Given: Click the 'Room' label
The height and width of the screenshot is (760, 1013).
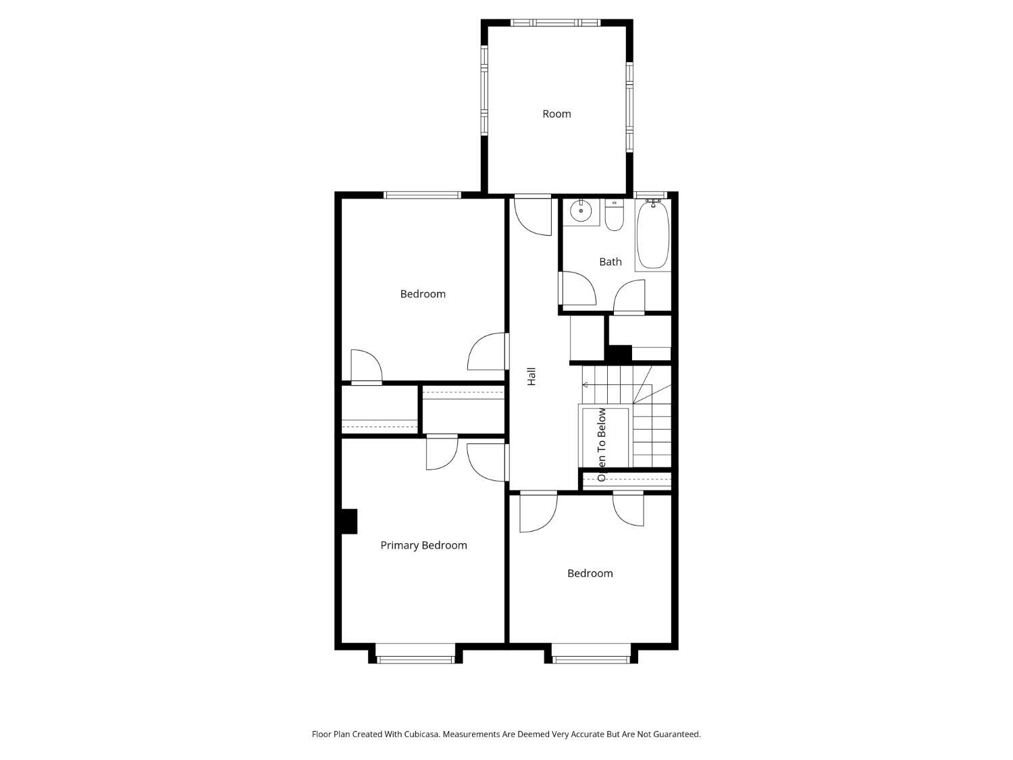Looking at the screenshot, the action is tap(556, 114).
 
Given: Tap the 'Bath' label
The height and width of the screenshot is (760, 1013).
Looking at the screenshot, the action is tap(610, 262).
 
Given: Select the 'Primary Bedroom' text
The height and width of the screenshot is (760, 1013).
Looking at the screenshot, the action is tap(423, 545).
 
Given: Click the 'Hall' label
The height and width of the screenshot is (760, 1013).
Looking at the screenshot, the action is tap(531, 376).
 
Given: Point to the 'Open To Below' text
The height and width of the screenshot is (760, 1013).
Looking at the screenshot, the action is tap(601, 445).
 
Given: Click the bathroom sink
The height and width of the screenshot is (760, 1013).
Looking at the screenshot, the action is tap(581, 212).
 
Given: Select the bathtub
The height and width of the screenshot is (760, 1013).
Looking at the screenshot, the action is tap(652, 235).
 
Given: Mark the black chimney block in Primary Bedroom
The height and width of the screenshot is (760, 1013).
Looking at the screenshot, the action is tap(349, 522).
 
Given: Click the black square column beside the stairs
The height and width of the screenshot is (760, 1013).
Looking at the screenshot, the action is tap(618, 353).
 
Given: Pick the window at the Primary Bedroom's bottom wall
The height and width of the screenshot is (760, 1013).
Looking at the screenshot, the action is tap(415, 659).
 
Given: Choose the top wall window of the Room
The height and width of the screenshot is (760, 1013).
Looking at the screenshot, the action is tap(555, 22).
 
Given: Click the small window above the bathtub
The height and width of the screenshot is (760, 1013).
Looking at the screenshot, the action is tap(650, 195).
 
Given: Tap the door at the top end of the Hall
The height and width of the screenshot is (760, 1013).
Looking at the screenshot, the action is tap(533, 215).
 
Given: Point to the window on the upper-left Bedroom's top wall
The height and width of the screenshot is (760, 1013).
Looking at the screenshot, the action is tap(422, 195).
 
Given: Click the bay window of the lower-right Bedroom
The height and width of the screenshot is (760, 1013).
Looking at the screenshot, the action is tap(591, 659).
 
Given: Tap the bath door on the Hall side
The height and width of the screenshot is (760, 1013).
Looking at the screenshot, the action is tap(577, 288).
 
